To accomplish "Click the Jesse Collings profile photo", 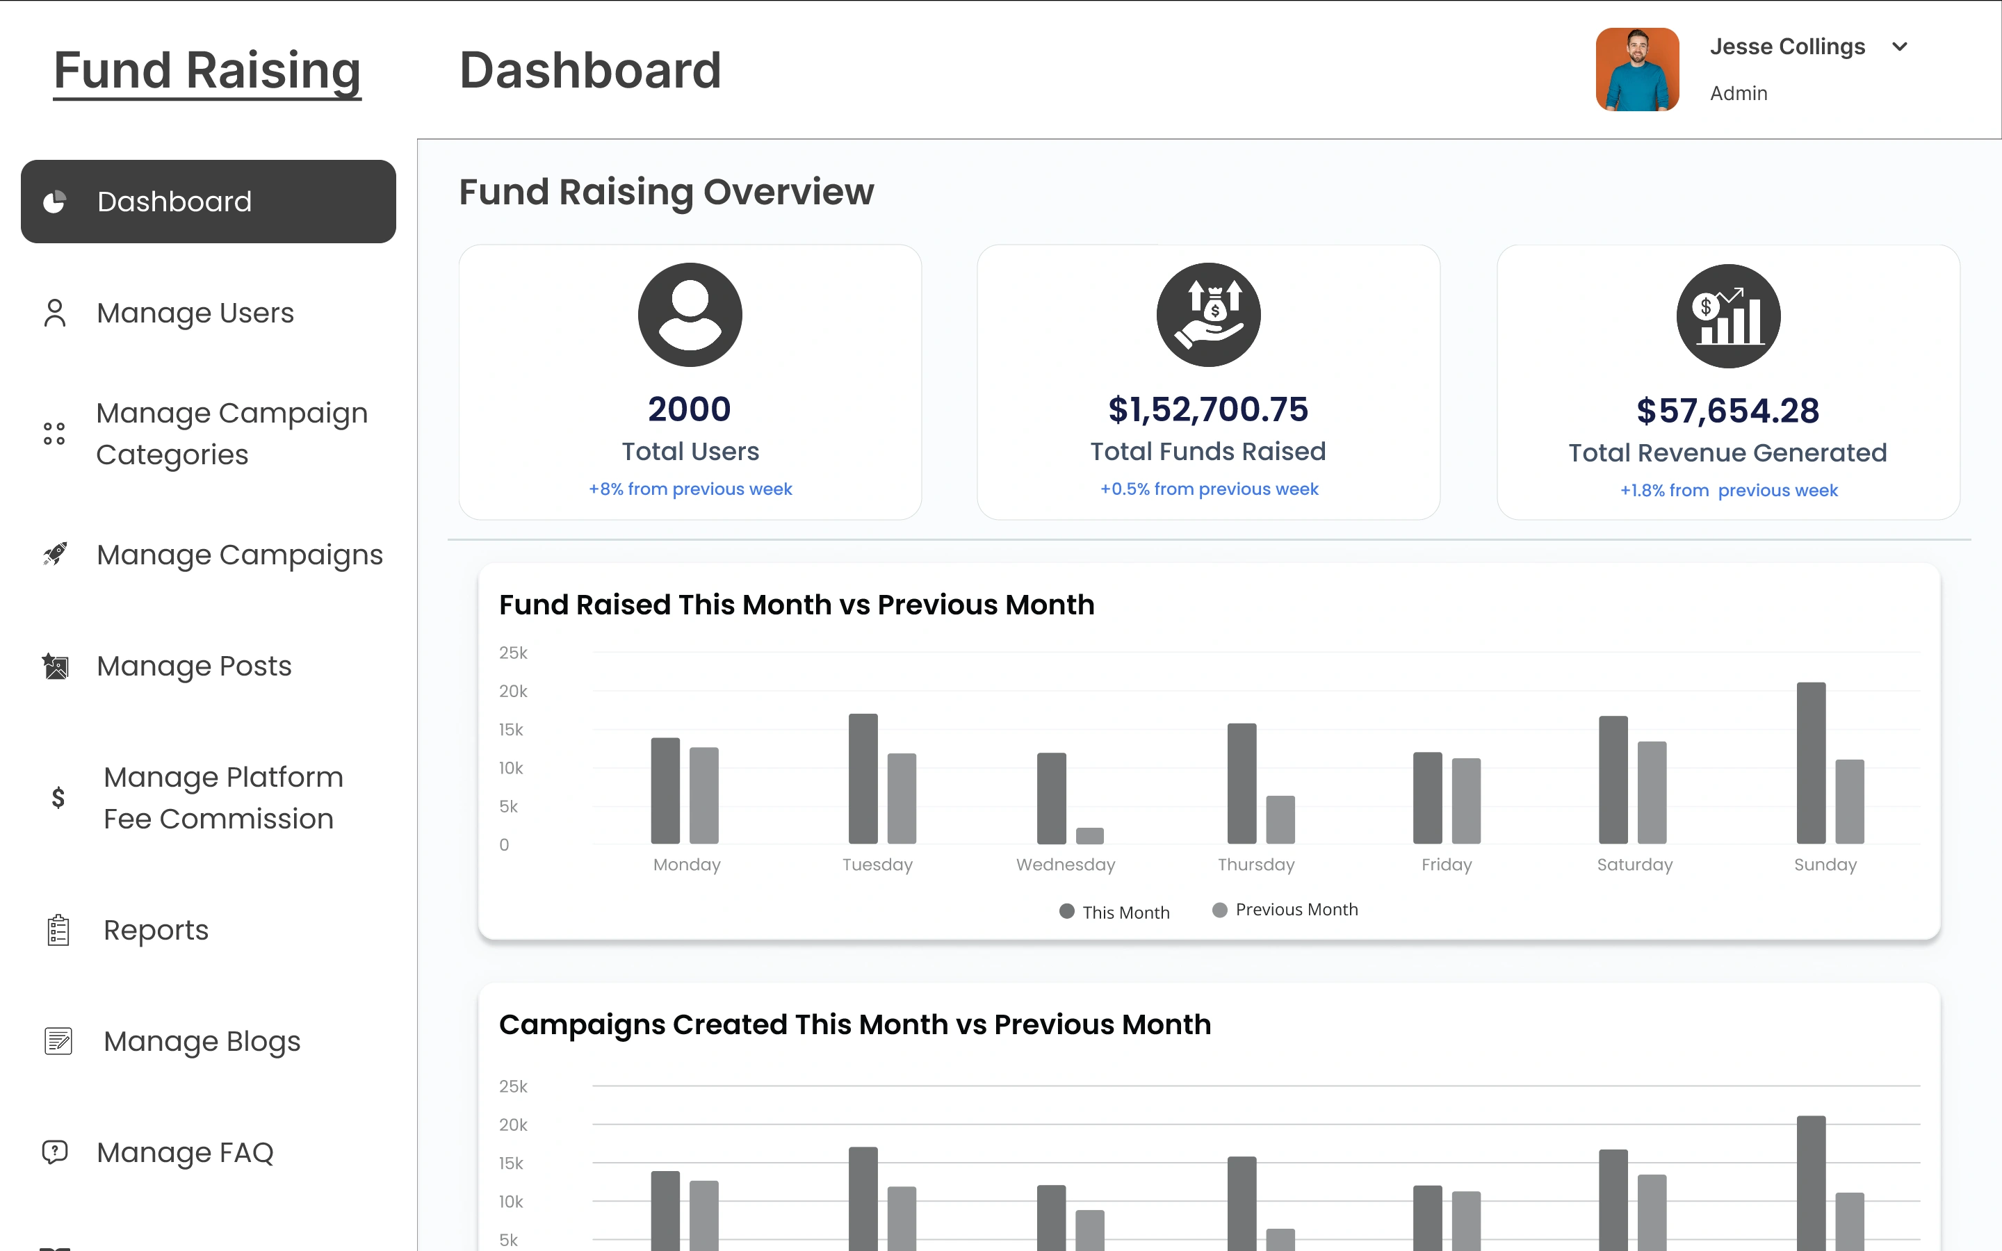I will [1636, 69].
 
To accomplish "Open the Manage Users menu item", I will [195, 313].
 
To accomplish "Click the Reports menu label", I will [156, 930].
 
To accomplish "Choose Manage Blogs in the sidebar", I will [201, 1041].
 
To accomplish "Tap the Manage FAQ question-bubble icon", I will [55, 1152].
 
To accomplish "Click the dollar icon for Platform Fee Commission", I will [58, 798].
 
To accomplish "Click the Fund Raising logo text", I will [207, 70].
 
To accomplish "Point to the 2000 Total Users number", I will [689, 409].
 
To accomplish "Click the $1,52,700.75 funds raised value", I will [1208, 409].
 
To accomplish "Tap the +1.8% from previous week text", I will [1728, 491].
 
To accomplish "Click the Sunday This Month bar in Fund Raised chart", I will [1810, 763].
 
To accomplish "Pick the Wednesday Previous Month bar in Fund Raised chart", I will [1089, 835].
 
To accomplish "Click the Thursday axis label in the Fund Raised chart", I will [1256, 865].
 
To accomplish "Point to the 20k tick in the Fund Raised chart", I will [513, 691].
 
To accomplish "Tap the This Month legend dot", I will [1067, 912].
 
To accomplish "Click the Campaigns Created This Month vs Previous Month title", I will [854, 1024].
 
